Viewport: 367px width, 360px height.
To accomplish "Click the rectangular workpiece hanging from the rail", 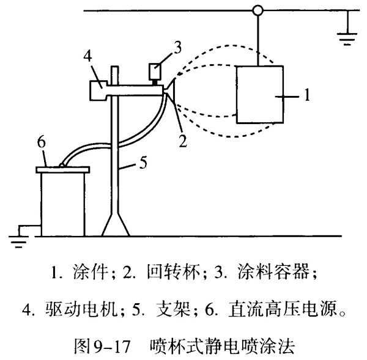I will [260, 94].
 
